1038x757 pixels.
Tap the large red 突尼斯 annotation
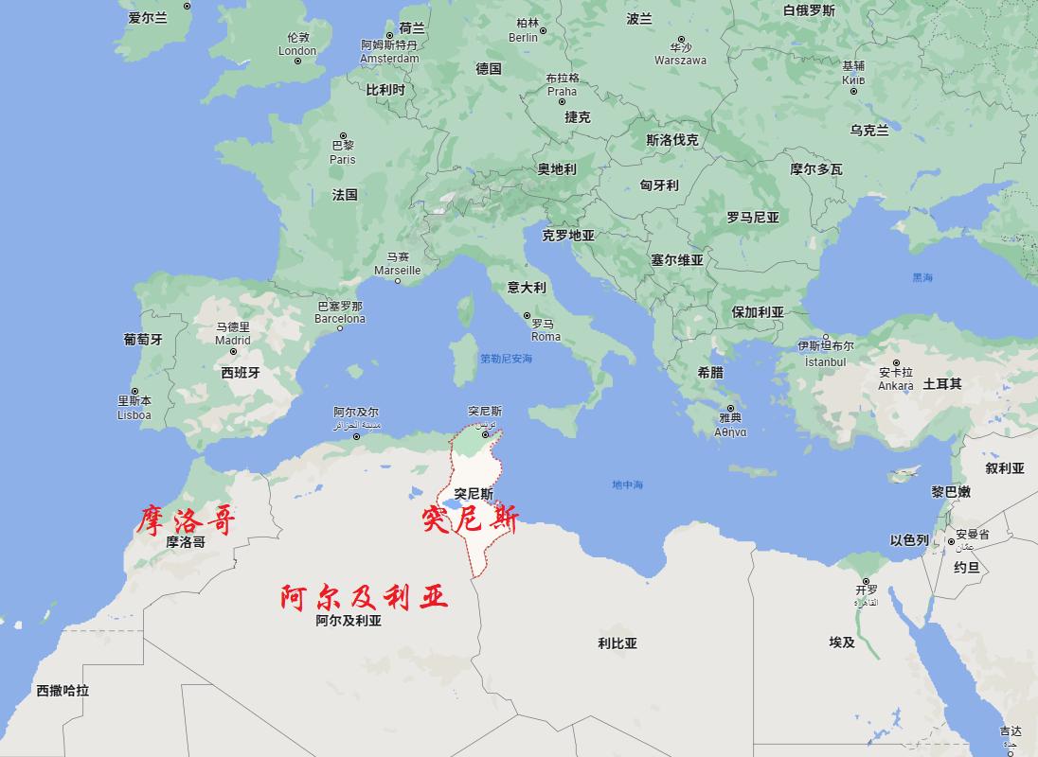(x=471, y=519)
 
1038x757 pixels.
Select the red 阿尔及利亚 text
(x=364, y=597)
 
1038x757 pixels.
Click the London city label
(x=297, y=51)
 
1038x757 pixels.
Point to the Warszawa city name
(x=680, y=61)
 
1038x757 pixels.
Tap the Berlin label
(x=523, y=38)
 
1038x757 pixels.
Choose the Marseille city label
(x=397, y=270)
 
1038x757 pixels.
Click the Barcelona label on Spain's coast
(x=339, y=319)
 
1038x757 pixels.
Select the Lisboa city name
(x=134, y=414)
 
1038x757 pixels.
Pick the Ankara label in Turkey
(x=895, y=385)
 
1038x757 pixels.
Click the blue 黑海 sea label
(x=922, y=278)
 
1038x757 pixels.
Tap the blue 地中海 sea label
(x=627, y=485)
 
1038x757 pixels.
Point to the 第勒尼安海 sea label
(x=506, y=359)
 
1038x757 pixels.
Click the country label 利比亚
(x=617, y=643)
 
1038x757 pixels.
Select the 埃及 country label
(x=842, y=643)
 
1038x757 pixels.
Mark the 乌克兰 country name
(x=868, y=131)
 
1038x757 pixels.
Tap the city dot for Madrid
(x=233, y=351)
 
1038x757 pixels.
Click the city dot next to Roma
(x=528, y=316)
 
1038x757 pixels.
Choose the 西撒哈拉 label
(x=63, y=691)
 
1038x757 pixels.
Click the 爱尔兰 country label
(x=147, y=18)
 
